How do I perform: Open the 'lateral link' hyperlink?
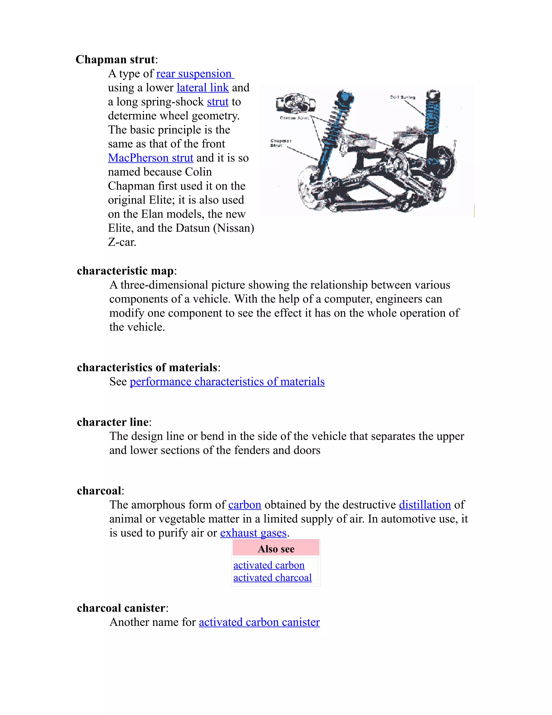coord(202,88)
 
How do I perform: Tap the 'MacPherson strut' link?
coord(150,158)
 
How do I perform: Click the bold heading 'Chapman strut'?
coord(115,60)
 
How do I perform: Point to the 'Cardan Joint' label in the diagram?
coord(294,118)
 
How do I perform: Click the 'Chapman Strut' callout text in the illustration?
coord(280,143)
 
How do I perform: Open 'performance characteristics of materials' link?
coord(227,382)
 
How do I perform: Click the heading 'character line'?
coord(112,422)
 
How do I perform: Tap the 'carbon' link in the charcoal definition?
coord(245,505)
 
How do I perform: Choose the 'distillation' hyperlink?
coord(425,505)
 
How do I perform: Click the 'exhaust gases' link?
coord(253,533)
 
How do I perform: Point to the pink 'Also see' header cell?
coord(276,549)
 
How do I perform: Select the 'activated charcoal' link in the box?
coord(272,578)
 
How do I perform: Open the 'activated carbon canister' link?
coord(259,622)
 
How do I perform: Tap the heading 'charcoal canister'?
coord(121,608)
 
